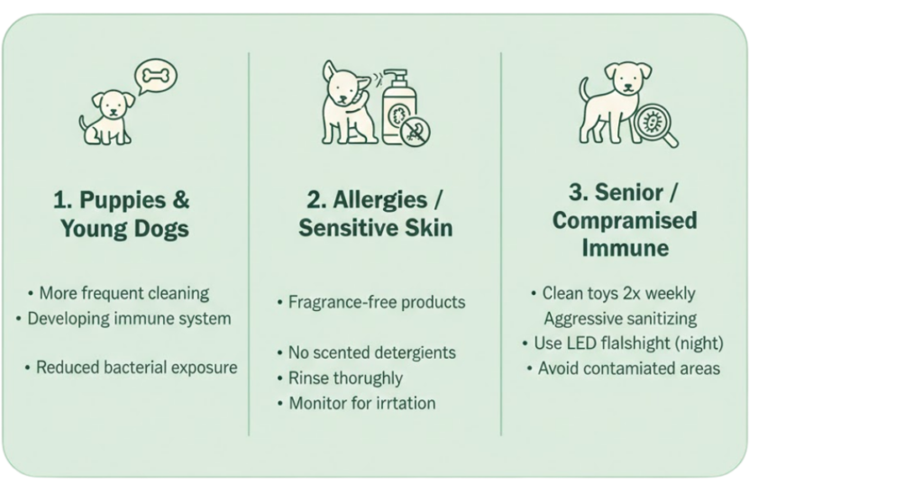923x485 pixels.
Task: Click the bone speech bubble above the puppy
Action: pos(155,76)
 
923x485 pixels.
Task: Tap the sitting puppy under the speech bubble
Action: pos(106,118)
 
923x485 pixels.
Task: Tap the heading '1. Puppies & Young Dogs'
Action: pos(123,214)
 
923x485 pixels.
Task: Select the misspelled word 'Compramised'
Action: pos(625,220)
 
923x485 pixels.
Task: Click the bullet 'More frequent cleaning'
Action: pos(118,293)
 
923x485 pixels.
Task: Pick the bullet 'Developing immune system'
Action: pos(123,318)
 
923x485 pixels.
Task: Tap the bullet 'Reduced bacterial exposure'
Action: pos(131,367)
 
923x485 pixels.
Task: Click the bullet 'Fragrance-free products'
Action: pos(370,302)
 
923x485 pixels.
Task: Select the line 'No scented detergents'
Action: pos(366,352)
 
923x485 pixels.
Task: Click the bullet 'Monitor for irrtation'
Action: pos(356,403)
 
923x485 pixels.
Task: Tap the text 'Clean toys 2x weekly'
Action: pos(613,293)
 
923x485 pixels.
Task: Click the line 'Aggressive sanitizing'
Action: pos(620,318)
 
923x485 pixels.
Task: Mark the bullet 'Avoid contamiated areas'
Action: pos(623,369)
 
